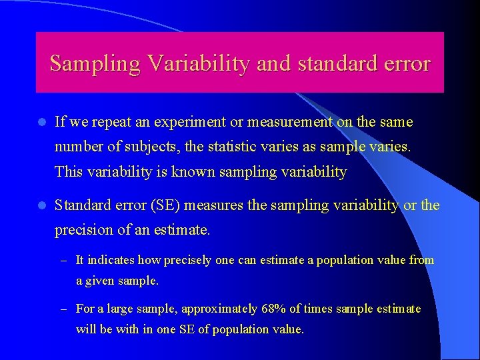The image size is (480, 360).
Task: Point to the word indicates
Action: click(x=109, y=260)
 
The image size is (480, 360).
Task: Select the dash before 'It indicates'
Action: click(x=64, y=260)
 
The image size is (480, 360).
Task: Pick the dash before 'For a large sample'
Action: click(x=64, y=309)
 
